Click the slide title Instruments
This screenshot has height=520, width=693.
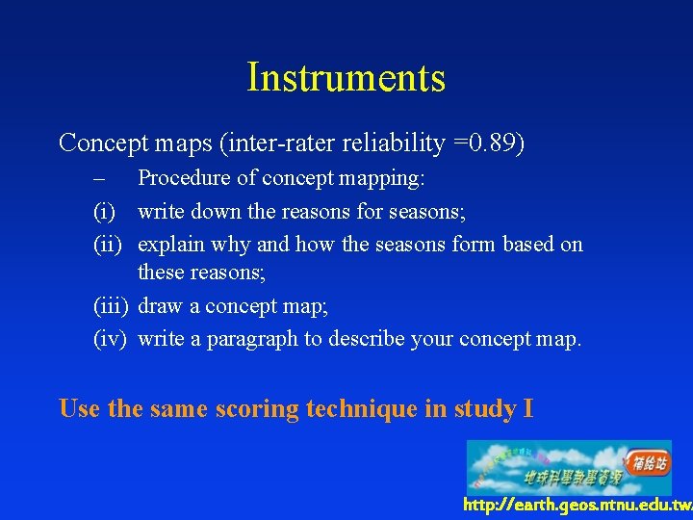click(346, 78)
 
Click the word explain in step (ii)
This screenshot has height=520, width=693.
click(171, 245)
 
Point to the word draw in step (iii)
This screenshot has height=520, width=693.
click(160, 306)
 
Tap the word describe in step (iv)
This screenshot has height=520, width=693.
click(367, 339)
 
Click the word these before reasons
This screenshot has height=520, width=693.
click(162, 273)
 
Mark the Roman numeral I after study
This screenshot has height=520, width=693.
click(527, 408)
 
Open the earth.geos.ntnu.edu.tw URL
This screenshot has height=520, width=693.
click(576, 505)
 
